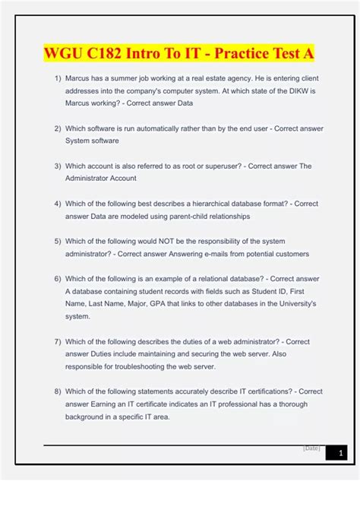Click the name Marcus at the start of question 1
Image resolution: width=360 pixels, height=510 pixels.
(x=79, y=78)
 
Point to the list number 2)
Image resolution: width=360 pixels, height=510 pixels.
(x=58, y=128)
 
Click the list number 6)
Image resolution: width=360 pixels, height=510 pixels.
(x=58, y=278)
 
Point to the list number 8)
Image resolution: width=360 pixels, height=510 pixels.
(x=58, y=391)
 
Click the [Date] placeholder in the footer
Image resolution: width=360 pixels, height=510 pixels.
(x=311, y=448)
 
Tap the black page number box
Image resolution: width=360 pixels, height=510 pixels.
(x=336, y=453)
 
